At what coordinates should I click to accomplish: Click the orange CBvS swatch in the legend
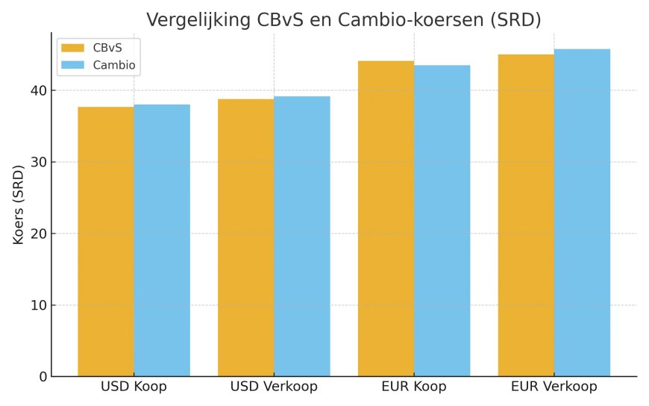(73, 48)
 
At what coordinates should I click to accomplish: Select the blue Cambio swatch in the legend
(73, 65)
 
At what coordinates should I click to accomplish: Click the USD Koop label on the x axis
(134, 387)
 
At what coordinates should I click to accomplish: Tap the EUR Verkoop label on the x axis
(554, 387)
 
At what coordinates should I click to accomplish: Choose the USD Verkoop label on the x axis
(274, 387)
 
